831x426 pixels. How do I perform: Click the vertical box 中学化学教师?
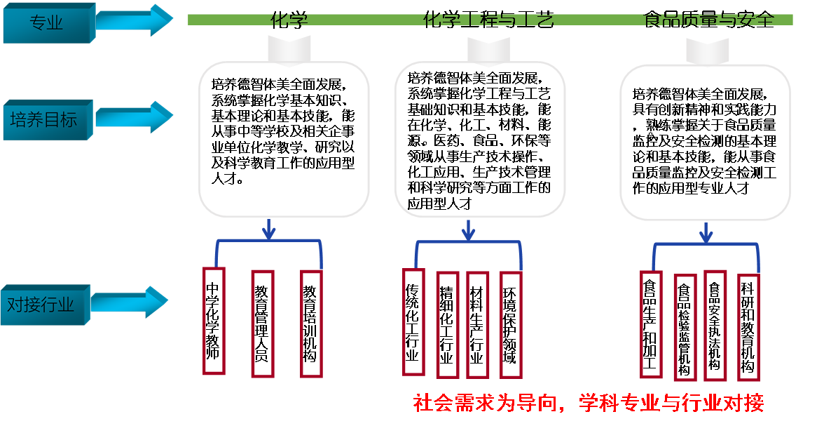[213, 321]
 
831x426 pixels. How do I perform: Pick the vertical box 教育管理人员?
[262, 323]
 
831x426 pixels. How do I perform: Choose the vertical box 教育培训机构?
[310, 323]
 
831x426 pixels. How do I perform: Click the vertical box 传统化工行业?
[413, 321]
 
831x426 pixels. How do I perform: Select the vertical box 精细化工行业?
[446, 324]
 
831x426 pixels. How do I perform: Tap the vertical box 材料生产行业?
[477, 324]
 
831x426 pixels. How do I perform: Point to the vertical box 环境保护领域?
[510, 324]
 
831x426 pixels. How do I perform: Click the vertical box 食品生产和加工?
[650, 325]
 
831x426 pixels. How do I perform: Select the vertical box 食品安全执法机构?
[715, 326]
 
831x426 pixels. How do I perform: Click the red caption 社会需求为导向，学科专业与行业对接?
[588, 404]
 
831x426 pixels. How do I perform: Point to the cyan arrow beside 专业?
[133, 21]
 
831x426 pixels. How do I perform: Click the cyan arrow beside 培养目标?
[133, 117]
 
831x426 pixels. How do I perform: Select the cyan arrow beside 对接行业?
[130, 301]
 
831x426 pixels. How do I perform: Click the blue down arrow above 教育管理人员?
[268, 229]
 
